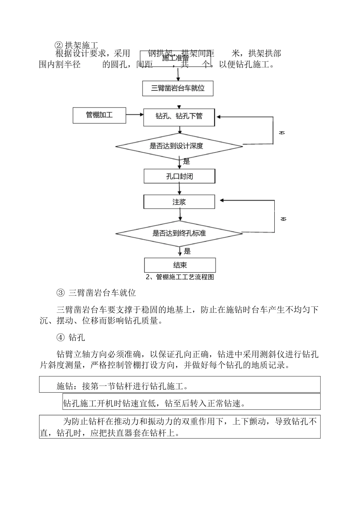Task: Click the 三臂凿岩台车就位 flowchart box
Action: pyautogui.click(x=178, y=89)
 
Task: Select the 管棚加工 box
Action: pyautogui.click(x=99, y=115)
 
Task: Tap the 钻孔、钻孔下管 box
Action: pyautogui.click(x=179, y=116)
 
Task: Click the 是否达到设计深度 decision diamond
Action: pyautogui.click(x=179, y=146)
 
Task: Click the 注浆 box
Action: pyautogui.click(x=179, y=202)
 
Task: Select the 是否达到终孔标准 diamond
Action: pyautogui.click(x=179, y=233)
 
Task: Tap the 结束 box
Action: pyautogui.click(x=180, y=265)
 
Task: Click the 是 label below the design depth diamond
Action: pyautogui.click(x=186, y=162)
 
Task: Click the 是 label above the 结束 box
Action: pyautogui.click(x=187, y=251)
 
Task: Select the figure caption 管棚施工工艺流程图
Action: pyautogui.click(x=180, y=277)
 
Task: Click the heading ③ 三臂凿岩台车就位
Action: pyautogui.click(x=96, y=293)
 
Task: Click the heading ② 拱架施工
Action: pyautogui.click(x=77, y=46)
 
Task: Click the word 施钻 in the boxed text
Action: pyautogui.click(x=65, y=386)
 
